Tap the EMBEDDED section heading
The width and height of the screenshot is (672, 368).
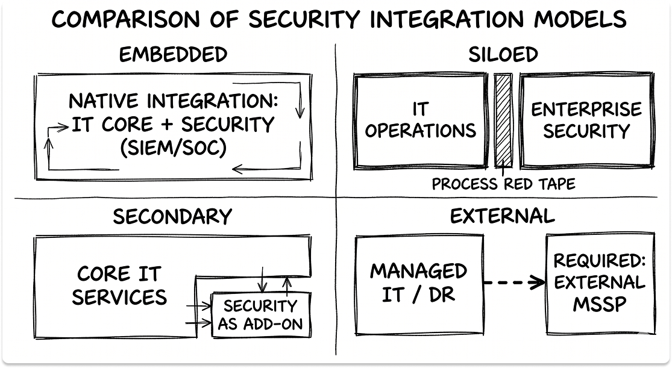173,55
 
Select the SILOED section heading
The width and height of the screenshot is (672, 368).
503,55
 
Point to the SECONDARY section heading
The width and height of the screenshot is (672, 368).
172,216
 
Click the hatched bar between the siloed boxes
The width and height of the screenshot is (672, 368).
503,120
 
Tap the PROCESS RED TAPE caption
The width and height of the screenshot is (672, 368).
503,184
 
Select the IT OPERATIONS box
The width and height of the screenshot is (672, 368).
420,120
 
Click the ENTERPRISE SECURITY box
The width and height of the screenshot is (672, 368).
586,120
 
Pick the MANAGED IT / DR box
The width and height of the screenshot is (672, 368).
418,284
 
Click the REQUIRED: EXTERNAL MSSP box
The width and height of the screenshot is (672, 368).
598,284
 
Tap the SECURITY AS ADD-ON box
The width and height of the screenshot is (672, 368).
260,315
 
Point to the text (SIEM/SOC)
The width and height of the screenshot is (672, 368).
173,147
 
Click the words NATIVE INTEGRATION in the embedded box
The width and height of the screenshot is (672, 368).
173,101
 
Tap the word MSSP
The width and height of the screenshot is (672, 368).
598,304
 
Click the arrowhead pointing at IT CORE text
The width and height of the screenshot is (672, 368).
64,126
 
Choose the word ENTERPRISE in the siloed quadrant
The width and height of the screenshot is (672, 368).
586,110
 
